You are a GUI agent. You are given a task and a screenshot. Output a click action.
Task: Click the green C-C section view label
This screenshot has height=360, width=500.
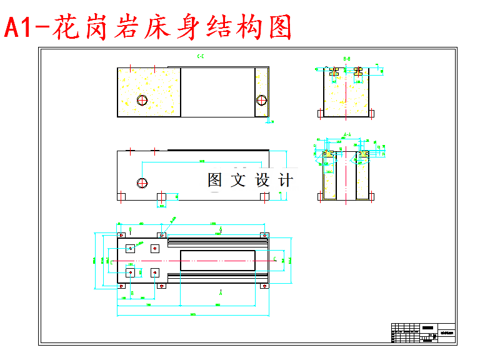coord(201,57)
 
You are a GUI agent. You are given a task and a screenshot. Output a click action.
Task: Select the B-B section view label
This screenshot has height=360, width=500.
coord(346,59)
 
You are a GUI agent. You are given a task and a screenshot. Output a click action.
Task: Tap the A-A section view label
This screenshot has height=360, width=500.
coord(347,134)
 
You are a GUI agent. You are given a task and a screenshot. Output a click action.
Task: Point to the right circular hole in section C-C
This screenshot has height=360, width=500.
coord(261,99)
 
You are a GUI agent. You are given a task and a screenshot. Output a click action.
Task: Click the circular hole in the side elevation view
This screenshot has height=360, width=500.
coord(142,182)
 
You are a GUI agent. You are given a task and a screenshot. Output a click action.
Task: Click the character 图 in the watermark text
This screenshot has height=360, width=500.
coord(215,181)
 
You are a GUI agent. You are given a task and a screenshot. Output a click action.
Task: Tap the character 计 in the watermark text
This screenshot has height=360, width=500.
coord(285,181)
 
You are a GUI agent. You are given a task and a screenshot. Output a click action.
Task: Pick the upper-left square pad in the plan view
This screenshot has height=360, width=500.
coord(130,248)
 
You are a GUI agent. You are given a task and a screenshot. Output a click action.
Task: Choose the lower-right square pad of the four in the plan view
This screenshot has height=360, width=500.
coord(156,272)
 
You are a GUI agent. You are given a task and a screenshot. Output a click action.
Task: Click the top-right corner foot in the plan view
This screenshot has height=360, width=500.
coord(265,235)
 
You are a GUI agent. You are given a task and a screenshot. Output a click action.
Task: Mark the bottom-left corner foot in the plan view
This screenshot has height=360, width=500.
coord(121,285)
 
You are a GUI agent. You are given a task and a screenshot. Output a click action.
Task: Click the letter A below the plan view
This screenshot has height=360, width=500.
coord(220,292)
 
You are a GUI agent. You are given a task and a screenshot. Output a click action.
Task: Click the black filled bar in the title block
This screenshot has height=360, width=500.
coord(428,327)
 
